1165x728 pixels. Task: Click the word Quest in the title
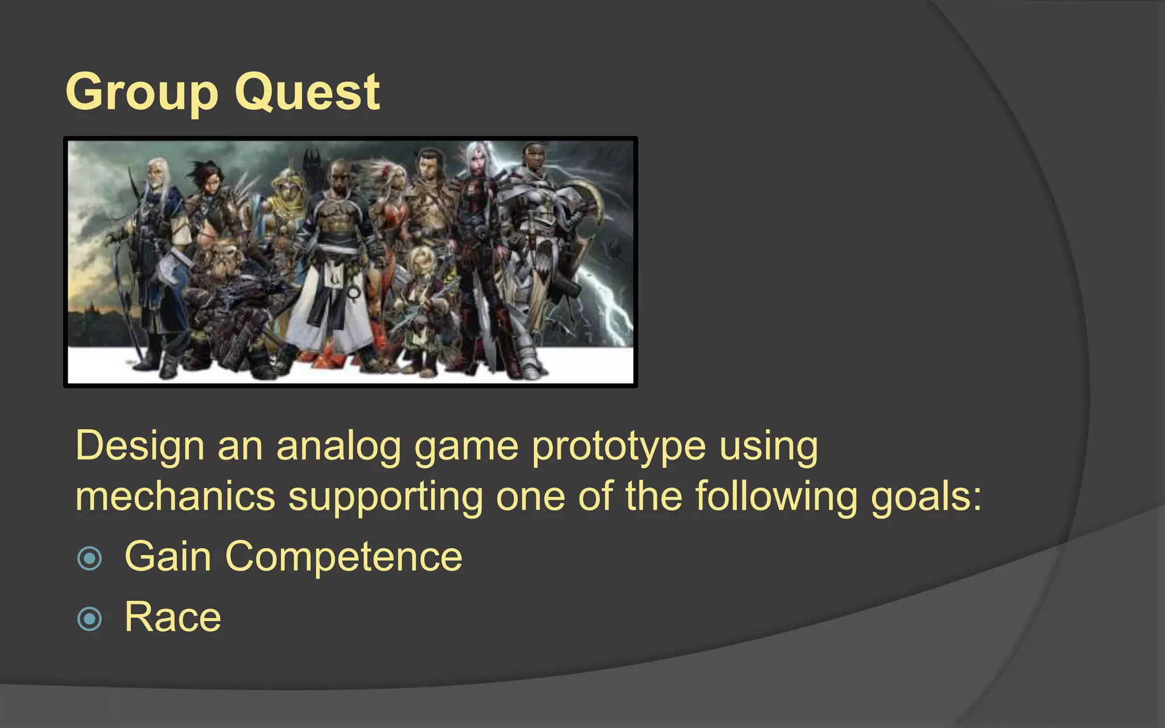307,92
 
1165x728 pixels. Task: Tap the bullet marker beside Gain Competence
89,558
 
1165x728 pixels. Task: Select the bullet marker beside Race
89,619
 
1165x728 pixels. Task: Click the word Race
172,617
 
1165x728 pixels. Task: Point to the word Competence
344,557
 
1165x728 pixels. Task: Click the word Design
139,447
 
